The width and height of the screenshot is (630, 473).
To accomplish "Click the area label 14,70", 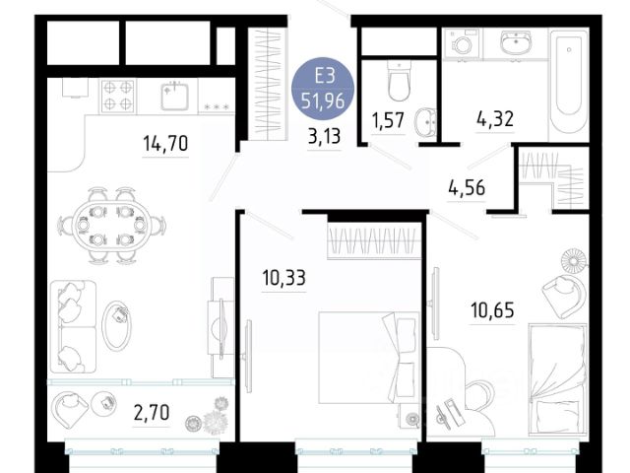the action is pyautogui.click(x=165, y=143).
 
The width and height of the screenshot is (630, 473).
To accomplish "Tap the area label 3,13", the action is pyautogui.click(x=324, y=136).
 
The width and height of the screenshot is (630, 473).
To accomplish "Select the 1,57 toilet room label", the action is pyautogui.click(x=388, y=120).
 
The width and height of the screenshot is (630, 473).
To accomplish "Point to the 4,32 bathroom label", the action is pyautogui.click(x=495, y=119).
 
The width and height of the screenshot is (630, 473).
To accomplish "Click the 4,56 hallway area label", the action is pyautogui.click(x=467, y=188).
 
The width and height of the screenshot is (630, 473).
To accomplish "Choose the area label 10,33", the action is pyautogui.click(x=283, y=278).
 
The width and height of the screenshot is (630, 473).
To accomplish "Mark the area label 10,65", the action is pyautogui.click(x=492, y=310).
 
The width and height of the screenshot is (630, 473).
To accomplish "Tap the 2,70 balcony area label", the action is pyautogui.click(x=152, y=412).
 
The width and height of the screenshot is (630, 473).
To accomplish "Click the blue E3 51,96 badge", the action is pyautogui.click(x=324, y=89).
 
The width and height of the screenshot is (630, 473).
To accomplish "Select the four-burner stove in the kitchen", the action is pyautogui.click(x=118, y=96).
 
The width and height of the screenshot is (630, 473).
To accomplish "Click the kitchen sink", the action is pyautogui.click(x=175, y=97).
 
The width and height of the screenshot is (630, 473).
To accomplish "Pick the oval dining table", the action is pyautogui.click(x=111, y=225).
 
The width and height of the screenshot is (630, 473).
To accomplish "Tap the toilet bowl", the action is pyautogui.click(x=399, y=81).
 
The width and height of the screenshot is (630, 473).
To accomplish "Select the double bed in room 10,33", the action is pyautogui.click(x=369, y=357).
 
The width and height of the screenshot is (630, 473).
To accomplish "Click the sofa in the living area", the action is pyautogui.click(x=73, y=326).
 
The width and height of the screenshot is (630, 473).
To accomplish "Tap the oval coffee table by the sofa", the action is pyautogui.click(x=116, y=325).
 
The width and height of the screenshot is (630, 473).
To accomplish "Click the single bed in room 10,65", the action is pyautogui.click(x=558, y=378).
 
